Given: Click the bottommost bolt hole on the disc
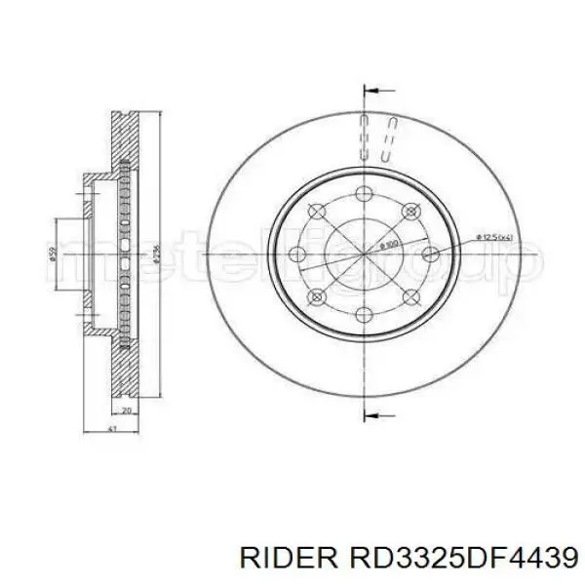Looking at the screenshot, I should point(363,313).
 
